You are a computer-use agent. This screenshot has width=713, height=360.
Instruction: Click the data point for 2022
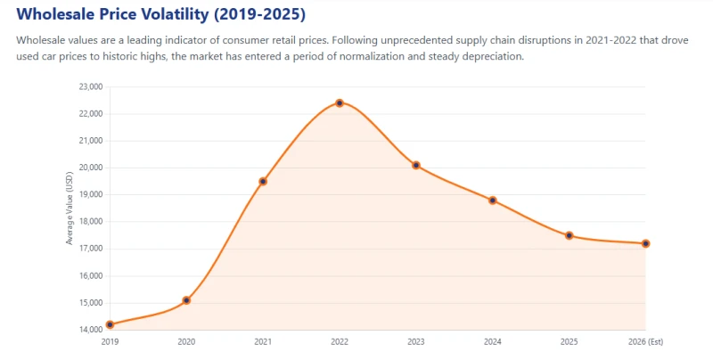click(x=340, y=103)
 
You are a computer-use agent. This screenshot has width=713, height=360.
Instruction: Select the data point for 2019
click(x=110, y=324)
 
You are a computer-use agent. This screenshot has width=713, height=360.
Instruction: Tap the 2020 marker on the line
click(x=186, y=300)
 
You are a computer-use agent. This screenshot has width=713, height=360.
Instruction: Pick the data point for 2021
click(x=263, y=182)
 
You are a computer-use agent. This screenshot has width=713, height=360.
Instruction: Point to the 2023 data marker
click(x=416, y=166)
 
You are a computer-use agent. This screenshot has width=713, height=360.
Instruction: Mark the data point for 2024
click(x=493, y=200)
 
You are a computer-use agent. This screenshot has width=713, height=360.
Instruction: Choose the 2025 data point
click(x=569, y=235)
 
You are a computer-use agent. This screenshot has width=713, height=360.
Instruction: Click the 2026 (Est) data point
click(x=645, y=243)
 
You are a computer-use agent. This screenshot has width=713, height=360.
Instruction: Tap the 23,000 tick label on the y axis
click(x=91, y=86)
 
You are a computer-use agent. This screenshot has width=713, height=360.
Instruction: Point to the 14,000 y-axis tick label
click(x=91, y=330)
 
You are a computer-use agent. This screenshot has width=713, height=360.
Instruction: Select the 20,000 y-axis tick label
click(x=91, y=168)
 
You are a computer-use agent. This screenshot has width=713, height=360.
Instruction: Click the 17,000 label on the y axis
click(x=91, y=250)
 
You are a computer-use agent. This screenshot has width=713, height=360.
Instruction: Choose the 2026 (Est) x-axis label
click(x=645, y=342)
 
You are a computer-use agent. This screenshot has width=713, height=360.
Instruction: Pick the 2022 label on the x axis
click(x=340, y=342)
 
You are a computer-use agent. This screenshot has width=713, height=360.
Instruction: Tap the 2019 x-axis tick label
click(x=110, y=342)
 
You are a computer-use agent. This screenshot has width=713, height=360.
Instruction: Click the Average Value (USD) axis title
click(x=70, y=209)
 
